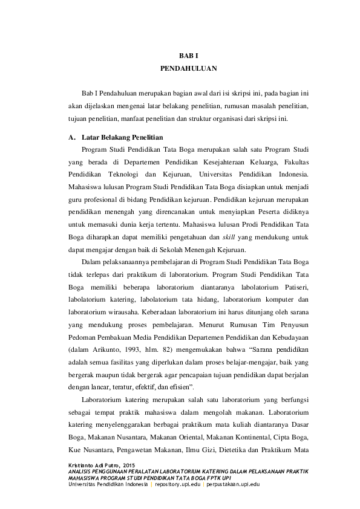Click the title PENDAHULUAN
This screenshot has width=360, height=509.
(x=188, y=68)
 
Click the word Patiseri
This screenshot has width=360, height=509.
(x=293, y=287)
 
